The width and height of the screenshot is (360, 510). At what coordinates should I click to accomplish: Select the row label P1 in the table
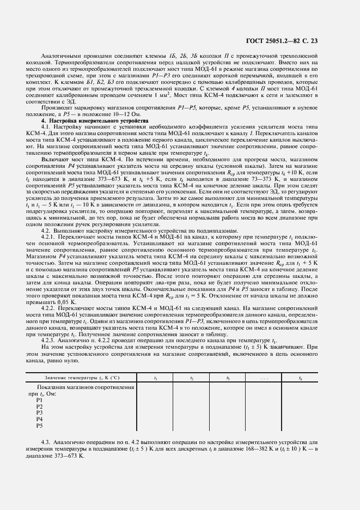pos(39,400)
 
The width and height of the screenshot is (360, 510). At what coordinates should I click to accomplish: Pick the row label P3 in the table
pos(39,412)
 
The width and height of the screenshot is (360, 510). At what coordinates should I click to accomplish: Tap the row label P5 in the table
pos(39,425)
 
